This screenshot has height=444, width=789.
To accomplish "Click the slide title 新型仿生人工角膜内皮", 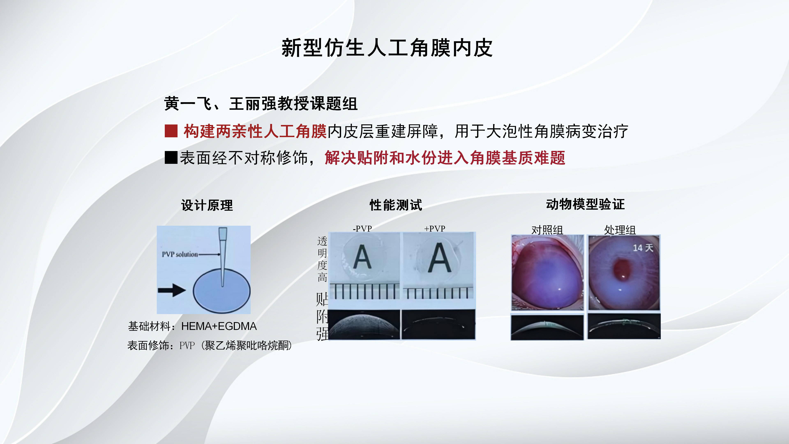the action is pyautogui.click(x=387, y=48).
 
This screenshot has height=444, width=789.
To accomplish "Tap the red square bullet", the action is pyautogui.click(x=171, y=131).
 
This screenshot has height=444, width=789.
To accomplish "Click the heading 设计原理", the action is pyautogui.click(x=207, y=205).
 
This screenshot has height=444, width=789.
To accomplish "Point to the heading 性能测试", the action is pyautogui.click(x=396, y=205).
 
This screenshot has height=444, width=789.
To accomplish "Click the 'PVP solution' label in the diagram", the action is pyautogui.click(x=180, y=254).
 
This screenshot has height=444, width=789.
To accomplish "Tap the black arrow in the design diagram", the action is pyautogui.click(x=172, y=290).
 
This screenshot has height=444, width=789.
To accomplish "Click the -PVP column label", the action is pyautogui.click(x=362, y=228).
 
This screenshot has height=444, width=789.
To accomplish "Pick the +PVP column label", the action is pyautogui.click(x=435, y=228).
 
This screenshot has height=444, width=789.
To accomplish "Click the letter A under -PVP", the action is pyautogui.click(x=362, y=257).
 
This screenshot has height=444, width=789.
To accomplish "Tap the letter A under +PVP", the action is pyautogui.click(x=440, y=257).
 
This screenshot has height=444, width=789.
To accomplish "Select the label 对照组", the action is pyautogui.click(x=547, y=230).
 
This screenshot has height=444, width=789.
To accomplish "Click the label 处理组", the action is pyautogui.click(x=620, y=230).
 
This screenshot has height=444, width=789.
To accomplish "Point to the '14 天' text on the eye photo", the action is pyautogui.click(x=643, y=247).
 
